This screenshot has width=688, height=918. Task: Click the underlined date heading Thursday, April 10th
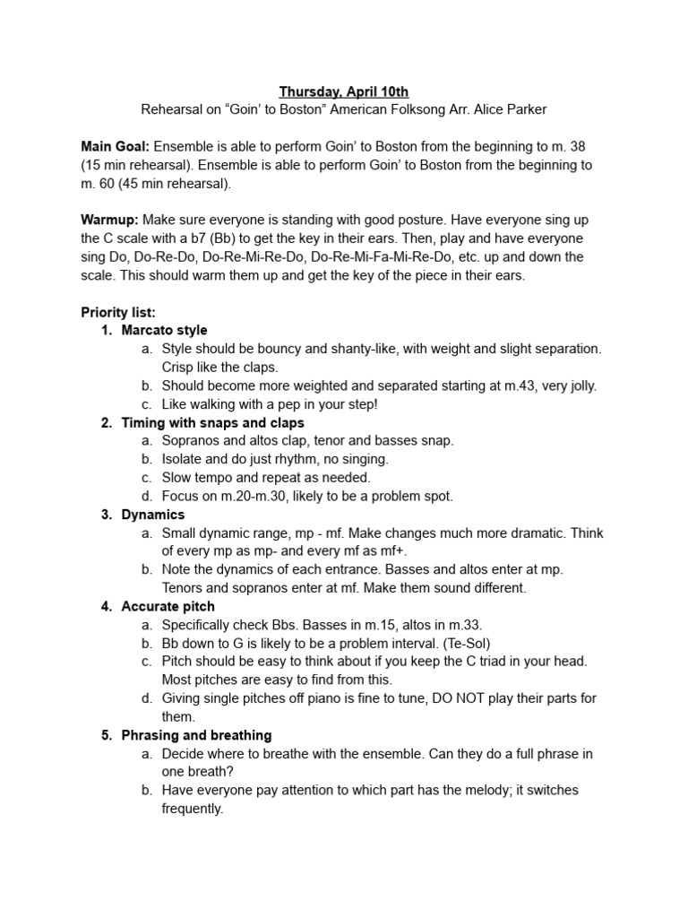coord(343,91)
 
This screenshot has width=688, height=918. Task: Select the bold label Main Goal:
coord(115,146)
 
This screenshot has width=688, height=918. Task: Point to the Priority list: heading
coord(118,312)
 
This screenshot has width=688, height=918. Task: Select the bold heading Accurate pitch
coord(168,606)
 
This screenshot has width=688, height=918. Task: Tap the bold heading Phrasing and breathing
coord(196,735)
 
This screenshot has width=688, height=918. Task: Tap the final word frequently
coord(193,809)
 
